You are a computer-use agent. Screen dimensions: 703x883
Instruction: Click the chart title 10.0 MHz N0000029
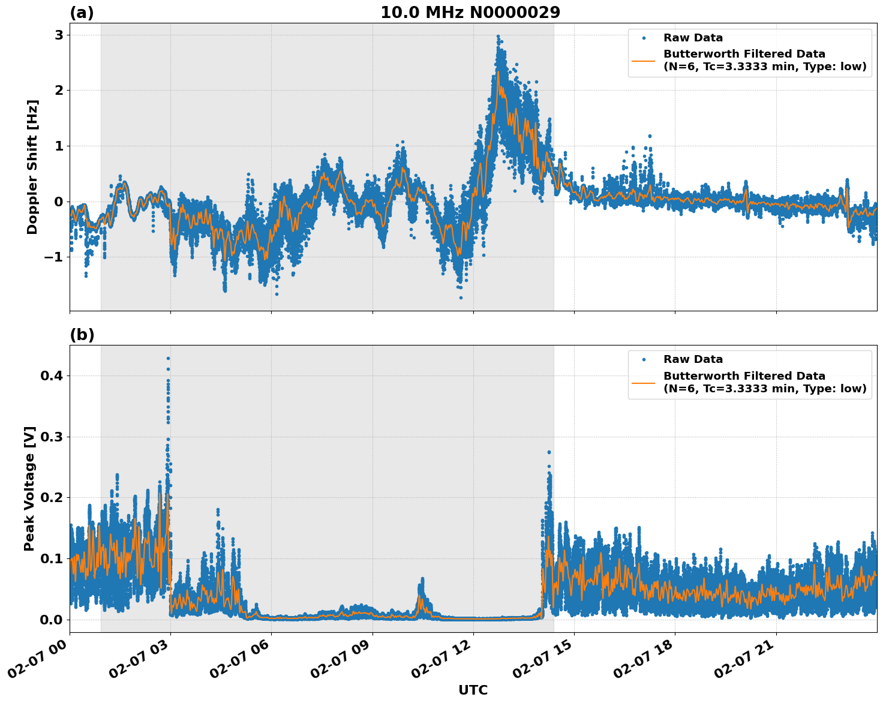click(x=470, y=13)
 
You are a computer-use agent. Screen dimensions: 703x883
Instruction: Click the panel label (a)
click(x=82, y=13)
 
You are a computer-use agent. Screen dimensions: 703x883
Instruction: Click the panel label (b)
click(x=82, y=335)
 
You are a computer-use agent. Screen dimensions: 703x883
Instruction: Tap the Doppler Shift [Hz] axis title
click(x=32, y=167)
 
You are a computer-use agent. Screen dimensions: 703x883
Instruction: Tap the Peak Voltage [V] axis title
click(x=30, y=488)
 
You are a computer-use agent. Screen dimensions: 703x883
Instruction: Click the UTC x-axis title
click(x=473, y=690)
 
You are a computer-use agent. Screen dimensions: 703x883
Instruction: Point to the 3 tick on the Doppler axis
click(x=59, y=35)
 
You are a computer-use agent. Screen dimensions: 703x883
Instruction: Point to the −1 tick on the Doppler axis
click(x=54, y=257)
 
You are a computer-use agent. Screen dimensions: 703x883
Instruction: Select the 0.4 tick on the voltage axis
click(x=52, y=375)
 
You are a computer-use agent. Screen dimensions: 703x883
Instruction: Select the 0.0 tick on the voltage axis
click(x=52, y=620)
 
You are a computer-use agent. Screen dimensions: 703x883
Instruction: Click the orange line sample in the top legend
click(x=644, y=61)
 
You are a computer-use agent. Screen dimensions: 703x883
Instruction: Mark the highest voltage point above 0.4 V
click(x=169, y=359)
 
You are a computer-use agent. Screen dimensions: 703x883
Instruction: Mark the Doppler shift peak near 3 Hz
click(x=498, y=37)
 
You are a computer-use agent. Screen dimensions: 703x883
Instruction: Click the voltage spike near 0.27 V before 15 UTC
click(x=548, y=452)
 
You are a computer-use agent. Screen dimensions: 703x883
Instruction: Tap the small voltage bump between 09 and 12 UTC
click(x=422, y=580)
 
